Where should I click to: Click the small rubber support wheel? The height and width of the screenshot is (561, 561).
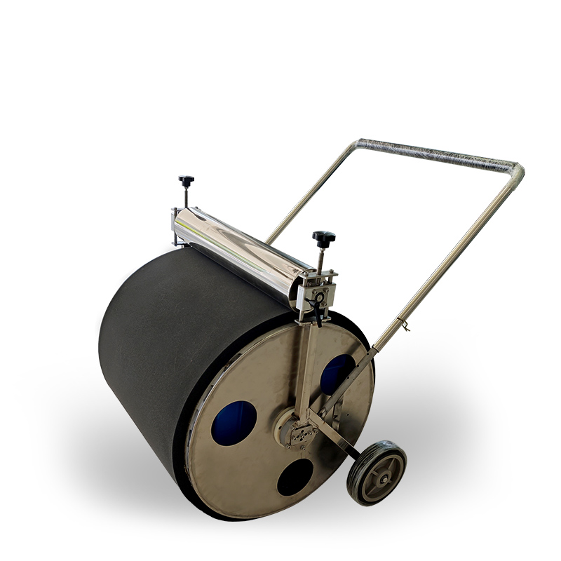pyautogui.click(x=377, y=473)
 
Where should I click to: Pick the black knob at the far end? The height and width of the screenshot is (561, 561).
pyautogui.click(x=187, y=181)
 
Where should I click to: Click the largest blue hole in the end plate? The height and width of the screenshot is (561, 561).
pyautogui.click(x=234, y=424)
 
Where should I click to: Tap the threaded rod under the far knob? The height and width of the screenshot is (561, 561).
pyautogui.click(x=186, y=197)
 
